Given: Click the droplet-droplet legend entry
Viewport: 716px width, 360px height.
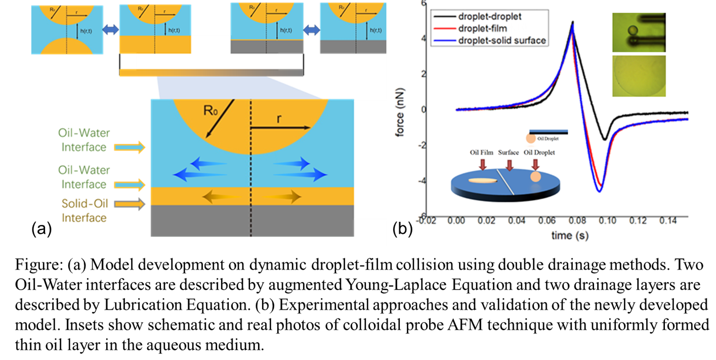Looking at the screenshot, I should click(x=488, y=17).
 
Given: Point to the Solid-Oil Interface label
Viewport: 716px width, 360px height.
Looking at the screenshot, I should click(x=84, y=211).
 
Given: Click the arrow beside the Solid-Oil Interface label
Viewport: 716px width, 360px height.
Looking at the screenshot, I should click(x=130, y=204).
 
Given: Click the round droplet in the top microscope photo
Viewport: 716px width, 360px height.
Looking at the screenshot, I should click(x=630, y=31).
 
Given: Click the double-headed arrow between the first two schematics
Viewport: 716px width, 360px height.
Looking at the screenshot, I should click(x=110, y=30).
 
